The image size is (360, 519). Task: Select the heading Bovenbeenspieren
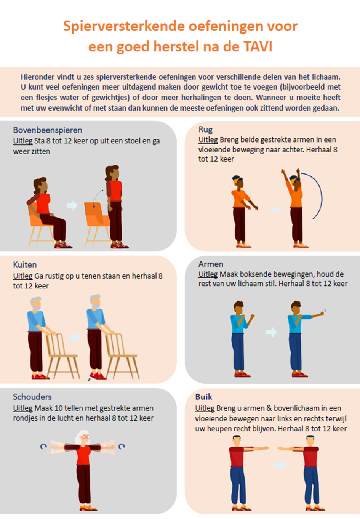48,130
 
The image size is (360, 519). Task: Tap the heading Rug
205,130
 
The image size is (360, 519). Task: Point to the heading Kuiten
25,264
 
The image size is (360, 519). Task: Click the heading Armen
211,264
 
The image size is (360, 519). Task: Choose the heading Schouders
32,397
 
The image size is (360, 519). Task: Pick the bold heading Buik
204,397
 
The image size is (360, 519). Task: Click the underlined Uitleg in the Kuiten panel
23,276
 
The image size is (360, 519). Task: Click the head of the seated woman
42,185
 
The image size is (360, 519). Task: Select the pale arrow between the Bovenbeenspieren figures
72,205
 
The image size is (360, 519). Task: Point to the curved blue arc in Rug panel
321,196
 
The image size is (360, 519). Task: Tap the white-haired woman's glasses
86,437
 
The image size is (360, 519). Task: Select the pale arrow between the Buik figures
280,465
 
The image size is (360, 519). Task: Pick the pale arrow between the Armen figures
271,332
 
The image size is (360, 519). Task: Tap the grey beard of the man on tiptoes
96,305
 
